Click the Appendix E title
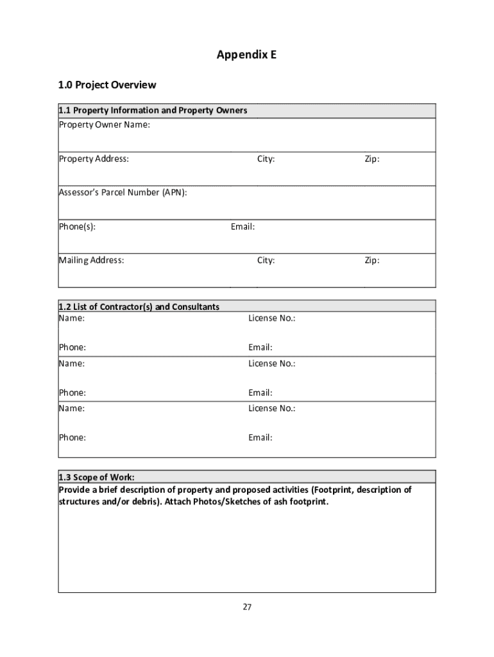(x=246, y=55)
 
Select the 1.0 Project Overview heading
(x=107, y=85)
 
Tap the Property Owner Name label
(x=105, y=124)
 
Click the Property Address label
(x=94, y=158)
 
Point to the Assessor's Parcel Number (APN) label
(x=123, y=192)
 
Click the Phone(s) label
(x=78, y=226)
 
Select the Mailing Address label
(x=92, y=260)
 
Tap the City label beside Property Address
(x=266, y=158)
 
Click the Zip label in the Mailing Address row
(x=371, y=260)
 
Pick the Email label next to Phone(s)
(x=243, y=226)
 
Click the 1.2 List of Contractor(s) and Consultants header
(x=139, y=307)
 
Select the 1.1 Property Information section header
(x=153, y=110)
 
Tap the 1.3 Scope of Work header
(x=97, y=477)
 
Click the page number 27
(x=247, y=608)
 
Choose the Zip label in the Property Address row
(x=371, y=158)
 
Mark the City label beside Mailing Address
(x=266, y=260)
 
